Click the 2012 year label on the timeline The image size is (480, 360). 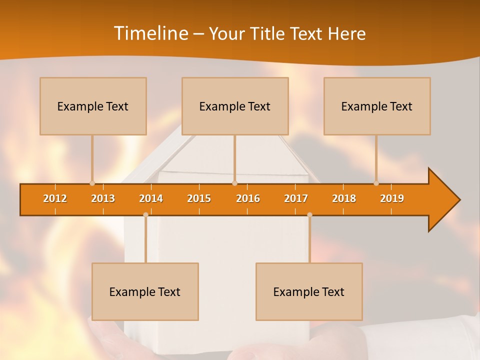(55, 198)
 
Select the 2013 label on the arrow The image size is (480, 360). (103, 198)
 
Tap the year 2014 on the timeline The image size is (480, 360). (151, 198)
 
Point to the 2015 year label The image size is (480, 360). (199, 198)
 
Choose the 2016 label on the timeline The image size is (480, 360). (248, 198)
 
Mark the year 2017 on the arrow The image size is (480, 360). (296, 198)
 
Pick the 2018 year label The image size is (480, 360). (344, 198)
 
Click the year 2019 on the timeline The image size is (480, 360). (392, 198)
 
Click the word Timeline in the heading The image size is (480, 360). (150, 33)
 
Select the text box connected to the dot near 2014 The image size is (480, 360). (145, 291)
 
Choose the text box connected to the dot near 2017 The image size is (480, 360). (309, 291)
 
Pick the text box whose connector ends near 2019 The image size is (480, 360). (377, 106)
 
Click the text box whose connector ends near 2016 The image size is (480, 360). (235, 106)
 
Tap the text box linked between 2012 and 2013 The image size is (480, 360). (93, 106)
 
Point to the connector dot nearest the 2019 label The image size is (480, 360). (376, 183)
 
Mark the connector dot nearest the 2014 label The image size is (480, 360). (145, 215)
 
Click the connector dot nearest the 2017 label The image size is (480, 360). (309, 215)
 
